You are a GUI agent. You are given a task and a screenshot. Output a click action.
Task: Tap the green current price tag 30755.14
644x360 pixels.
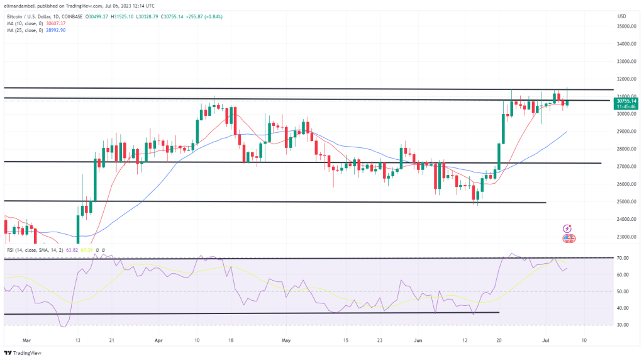[x=626, y=101]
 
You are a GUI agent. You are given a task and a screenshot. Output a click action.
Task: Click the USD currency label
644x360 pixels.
[x=623, y=16]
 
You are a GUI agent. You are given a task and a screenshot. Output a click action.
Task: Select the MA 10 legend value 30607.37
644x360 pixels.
[x=54, y=23]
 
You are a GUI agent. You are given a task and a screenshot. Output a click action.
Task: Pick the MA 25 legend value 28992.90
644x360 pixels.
[x=54, y=30]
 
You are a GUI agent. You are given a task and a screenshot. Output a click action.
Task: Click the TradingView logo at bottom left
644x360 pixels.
[x=23, y=352]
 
